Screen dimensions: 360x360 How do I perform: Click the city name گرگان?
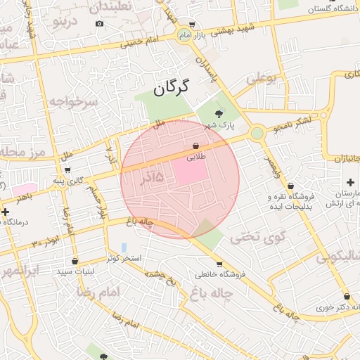pyautogui.click(x=172, y=88)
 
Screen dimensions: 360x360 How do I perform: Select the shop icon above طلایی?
pyautogui.click(x=195, y=146)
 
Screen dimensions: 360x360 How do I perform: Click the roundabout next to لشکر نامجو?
pyautogui.click(x=257, y=132)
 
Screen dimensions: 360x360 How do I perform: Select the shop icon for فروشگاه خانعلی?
pyautogui.click(x=219, y=264)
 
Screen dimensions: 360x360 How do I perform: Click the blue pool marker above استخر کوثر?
pyautogui.click(x=124, y=247)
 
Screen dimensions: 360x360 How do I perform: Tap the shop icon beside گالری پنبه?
pyautogui.click(x=67, y=169)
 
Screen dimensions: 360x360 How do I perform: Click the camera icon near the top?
pyautogui.click(x=99, y=24)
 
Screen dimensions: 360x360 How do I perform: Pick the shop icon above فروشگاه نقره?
pyautogui.click(x=290, y=186)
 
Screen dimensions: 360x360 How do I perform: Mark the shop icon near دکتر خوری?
pyautogui.click(x=347, y=296)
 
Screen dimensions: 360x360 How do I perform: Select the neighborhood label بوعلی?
pyautogui.click(x=262, y=78)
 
